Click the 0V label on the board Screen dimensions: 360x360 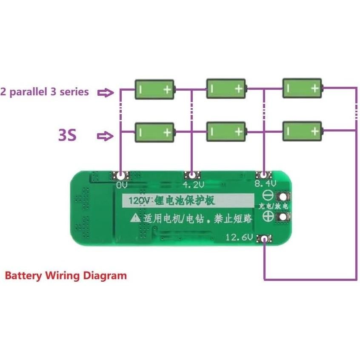pyautogui.click(x=122, y=185)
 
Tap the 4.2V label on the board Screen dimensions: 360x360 pyautogui.click(x=192, y=185)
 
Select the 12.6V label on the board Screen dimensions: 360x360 pyautogui.click(x=239, y=237)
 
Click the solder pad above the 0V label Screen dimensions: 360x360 pyautogui.click(x=121, y=175)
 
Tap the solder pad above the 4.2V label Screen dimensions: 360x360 pyautogui.click(x=192, y=175)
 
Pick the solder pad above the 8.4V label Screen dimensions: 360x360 pyautogui.click(x=264, y=175)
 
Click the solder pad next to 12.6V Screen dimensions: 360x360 pyautogui.click(x=265, y=239)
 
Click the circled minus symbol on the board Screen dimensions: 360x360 pyautogui.click(x=268, y=196)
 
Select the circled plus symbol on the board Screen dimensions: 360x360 pyautogui.click(x=268, y=216)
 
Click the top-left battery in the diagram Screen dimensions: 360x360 pyautogui.click(x=154, y=89)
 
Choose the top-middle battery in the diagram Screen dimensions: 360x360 pyautogui.click(x=226, y=89)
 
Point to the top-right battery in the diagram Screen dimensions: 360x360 pyautogui.click(x=303, y=88)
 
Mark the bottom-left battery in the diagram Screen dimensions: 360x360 pyautogui.click(x=154, y=132)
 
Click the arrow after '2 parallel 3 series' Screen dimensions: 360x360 pyautogui.click(x=105, y=92)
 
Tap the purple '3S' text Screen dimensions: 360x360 pyautogui.click(x=67, y=135)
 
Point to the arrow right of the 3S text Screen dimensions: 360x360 pyautogui.click(x=105, y=136)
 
